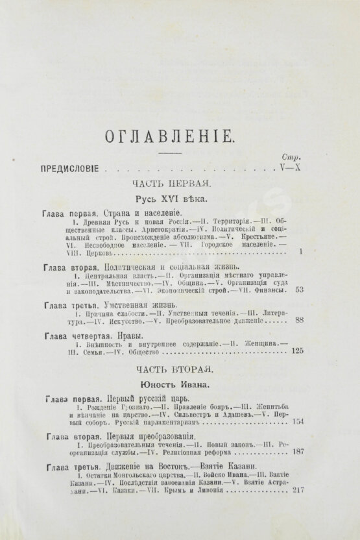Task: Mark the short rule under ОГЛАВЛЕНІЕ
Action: pyautogui.click(x=178, y=153)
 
